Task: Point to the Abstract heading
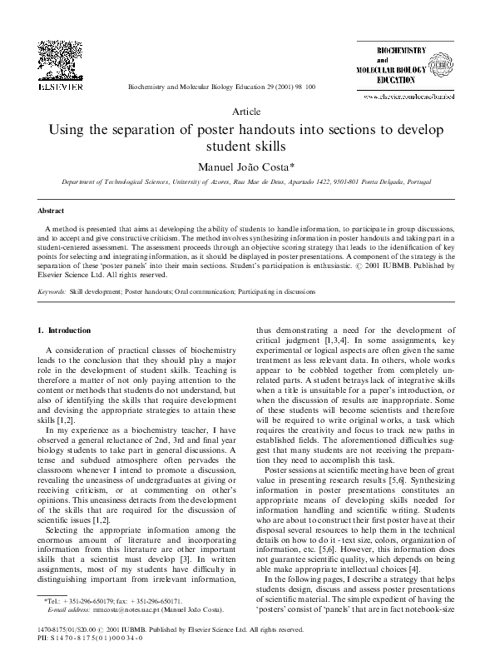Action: [52, 212]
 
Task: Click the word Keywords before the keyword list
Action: [52, 292]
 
